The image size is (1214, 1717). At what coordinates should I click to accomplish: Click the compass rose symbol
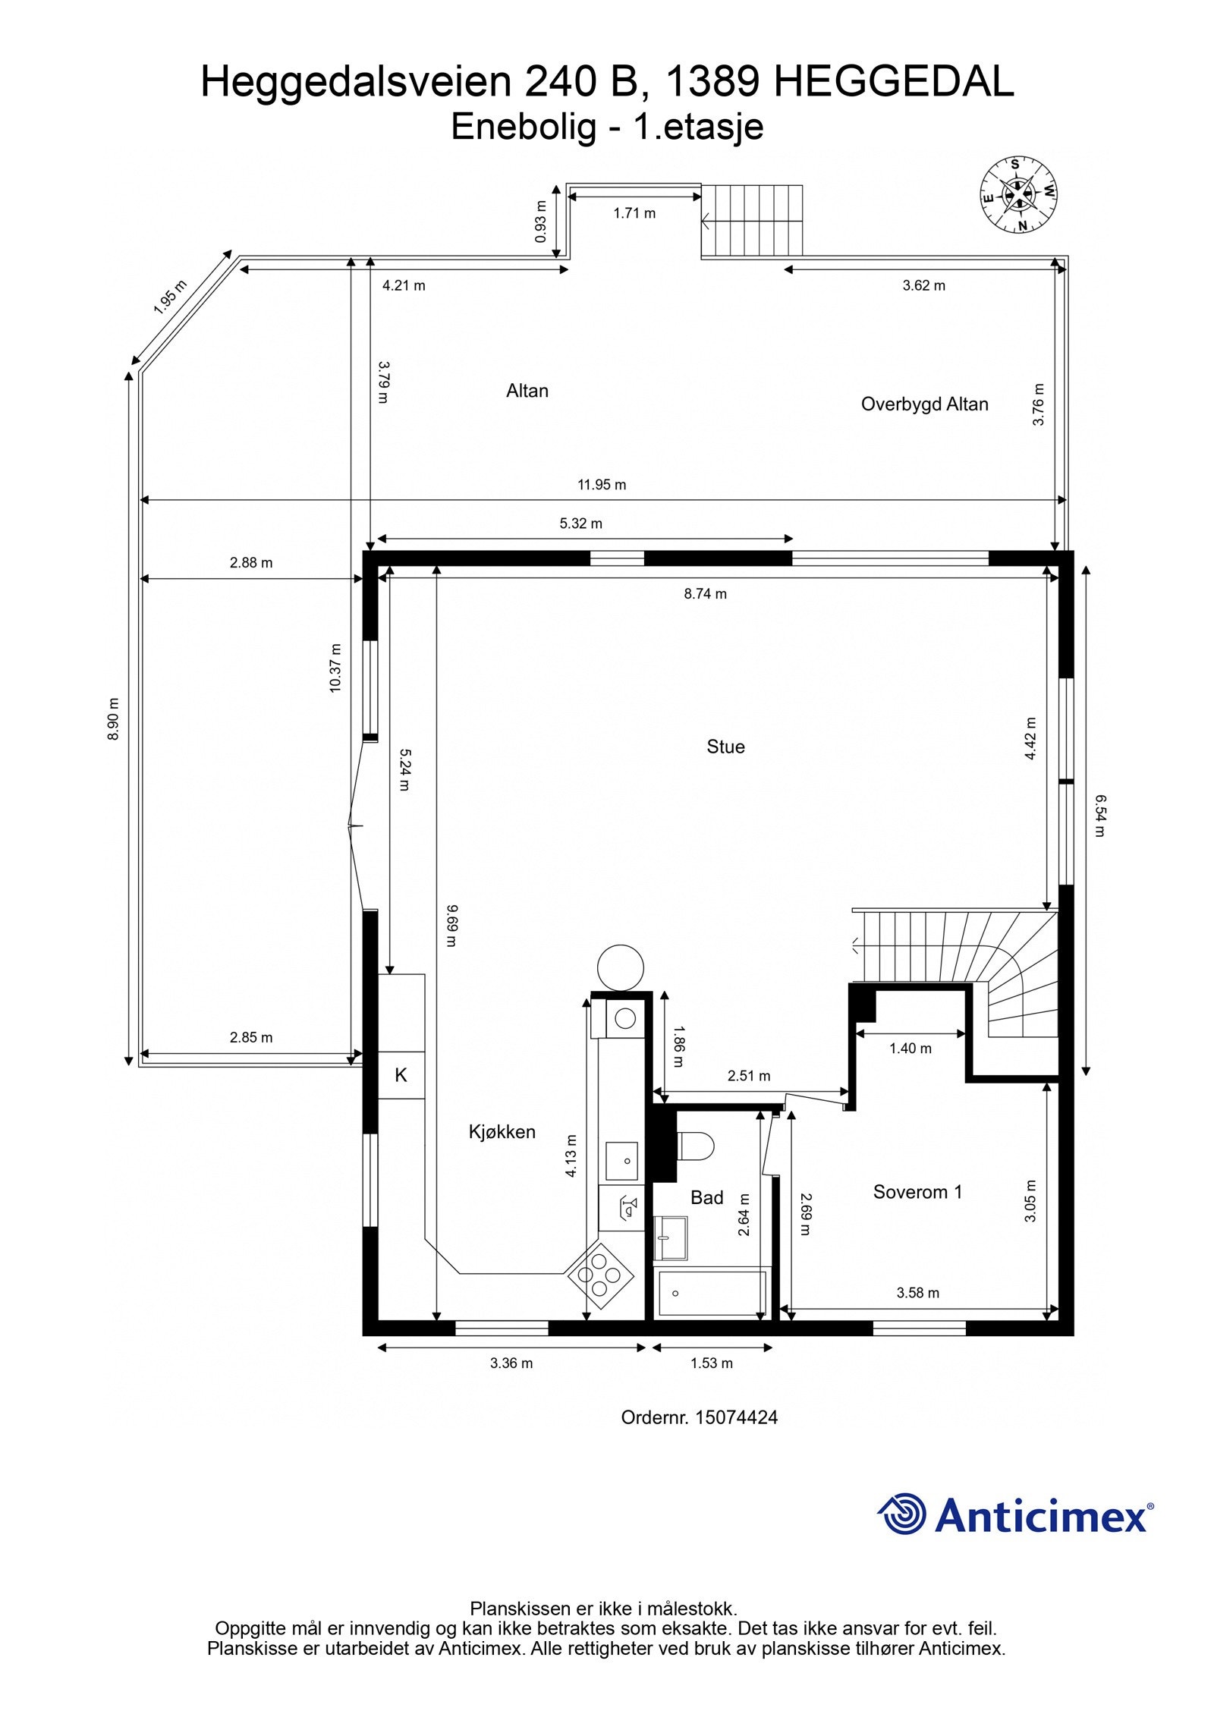1019,195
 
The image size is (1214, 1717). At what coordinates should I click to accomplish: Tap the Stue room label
725,747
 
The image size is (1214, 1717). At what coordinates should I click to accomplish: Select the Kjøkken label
502,1132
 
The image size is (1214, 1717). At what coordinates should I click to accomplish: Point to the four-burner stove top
600,1275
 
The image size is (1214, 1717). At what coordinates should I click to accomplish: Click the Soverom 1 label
917,1192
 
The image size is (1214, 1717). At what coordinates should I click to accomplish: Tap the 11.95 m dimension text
602,485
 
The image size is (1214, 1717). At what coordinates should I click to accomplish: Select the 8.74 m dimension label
705,594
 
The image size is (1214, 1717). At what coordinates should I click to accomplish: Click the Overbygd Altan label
924,404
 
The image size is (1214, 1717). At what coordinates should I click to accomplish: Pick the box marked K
401,1075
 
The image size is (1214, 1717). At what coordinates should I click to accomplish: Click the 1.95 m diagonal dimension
170,297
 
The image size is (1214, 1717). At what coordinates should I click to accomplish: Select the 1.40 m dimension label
910,1049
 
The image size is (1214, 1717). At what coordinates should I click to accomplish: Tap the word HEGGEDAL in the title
893,82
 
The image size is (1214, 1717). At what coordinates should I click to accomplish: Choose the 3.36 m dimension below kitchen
511,1363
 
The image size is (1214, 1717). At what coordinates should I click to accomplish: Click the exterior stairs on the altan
752,221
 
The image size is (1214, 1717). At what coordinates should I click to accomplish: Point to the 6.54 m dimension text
1099,815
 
